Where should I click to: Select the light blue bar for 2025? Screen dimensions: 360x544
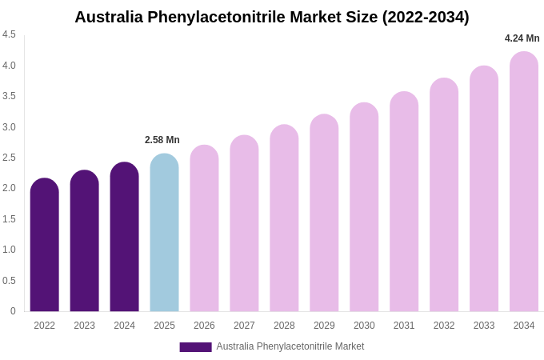click(x=164, y=233)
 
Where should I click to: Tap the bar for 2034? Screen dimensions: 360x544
click(x=524, y=182)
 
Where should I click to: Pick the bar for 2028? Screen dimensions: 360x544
click(x=284, y=218)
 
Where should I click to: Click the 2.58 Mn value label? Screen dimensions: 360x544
click(x=162, y=140)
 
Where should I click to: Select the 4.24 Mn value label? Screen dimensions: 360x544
click(x=522, y=38)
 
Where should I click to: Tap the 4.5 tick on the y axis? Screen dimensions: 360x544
click(x=9, y=34)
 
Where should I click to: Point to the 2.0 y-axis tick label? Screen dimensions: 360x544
click(x=9, y=188)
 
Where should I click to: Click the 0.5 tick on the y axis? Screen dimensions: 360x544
click(x=9, y=281)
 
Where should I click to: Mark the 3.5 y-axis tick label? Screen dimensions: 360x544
click(x=9, y=96)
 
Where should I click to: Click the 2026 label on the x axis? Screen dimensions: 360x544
click(x=204, y=326)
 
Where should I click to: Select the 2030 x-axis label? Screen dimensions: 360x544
click(x=364, y=326)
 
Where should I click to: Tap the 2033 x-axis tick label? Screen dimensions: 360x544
click(x=484, y=326)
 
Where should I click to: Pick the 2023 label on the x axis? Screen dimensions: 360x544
click(x=84, y=326)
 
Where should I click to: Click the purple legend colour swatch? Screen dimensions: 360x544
click(x=195, y=347)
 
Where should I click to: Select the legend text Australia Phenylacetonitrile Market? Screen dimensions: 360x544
click(x=290, y=346)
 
